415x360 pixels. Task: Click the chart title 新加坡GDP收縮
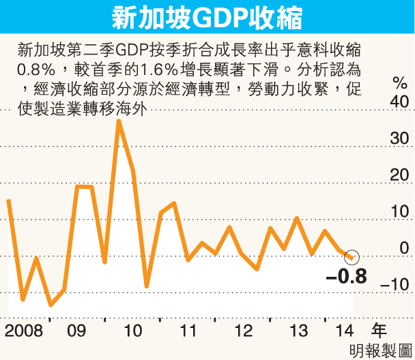[207, 18]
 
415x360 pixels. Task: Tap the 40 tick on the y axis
[399, 102]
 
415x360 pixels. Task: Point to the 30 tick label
[399, 138]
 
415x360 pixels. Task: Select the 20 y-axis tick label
[399, 175]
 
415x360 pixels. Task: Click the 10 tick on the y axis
[399, 212]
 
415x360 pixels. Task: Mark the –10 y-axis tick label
[397, 285]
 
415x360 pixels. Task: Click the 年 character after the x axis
[379, 331]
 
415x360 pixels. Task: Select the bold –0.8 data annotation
[346, 277]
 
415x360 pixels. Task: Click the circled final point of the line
[352, 256]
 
